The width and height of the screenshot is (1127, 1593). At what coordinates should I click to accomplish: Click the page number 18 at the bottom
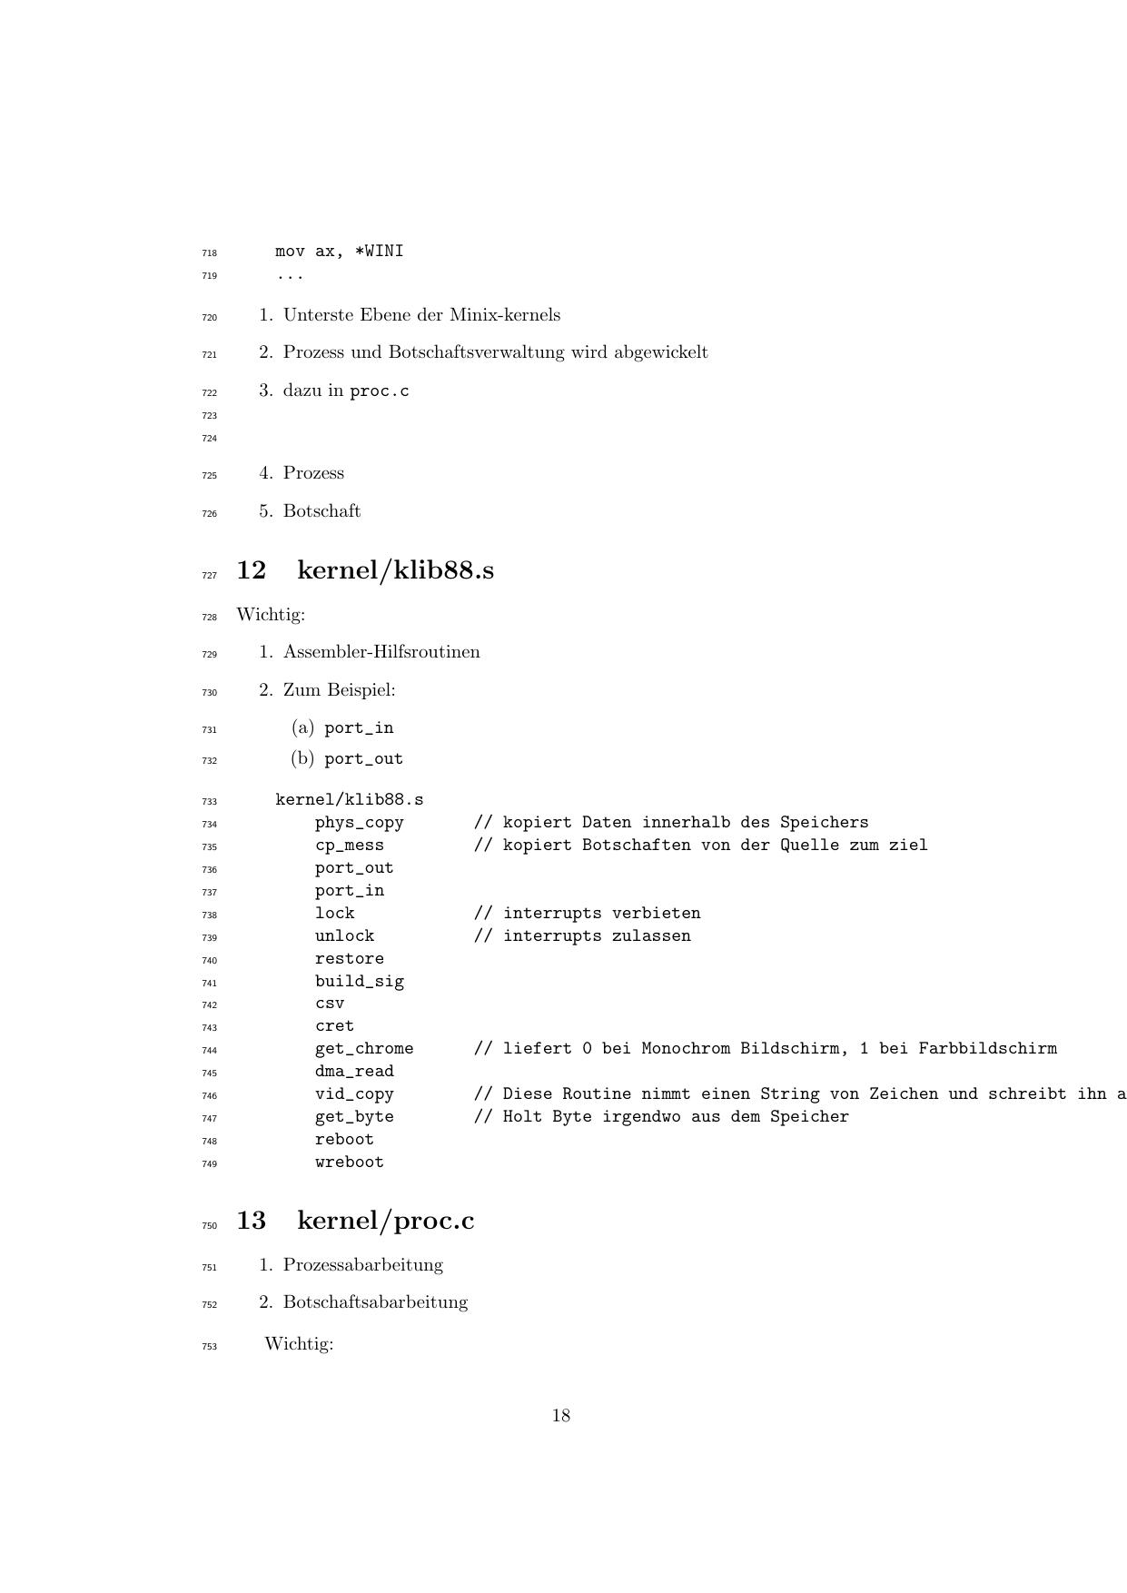pyautogui.click(x=561, y=1415)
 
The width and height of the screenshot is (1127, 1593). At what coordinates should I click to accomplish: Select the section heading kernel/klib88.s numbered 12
pyautogui.click(x=395, y=570)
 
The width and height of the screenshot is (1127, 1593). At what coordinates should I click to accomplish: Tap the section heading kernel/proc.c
pyautogui.click(x=385, y=1220)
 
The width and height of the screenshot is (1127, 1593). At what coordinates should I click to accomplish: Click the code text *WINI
pyautogui.click(x=379, y=251)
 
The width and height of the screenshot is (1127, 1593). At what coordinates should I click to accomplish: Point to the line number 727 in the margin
pyautogui.click(x=210, y=576)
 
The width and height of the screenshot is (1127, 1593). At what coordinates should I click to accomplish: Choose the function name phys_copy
pyautogui.click(x=360, y=822)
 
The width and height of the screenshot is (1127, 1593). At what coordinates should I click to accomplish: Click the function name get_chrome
pyautogui.click(x=364, y=1048)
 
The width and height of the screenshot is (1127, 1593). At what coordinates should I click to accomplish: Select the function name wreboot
pyautogui.click(x=350, y=1162)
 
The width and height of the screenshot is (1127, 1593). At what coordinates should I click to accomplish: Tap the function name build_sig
pyautogui.click(x=360, y=981)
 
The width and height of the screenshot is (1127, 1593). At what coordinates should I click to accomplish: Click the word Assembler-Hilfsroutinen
pyautogui.click(x=381, y=652)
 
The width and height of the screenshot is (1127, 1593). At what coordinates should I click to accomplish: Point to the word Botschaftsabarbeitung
pyautogui.click(x=375, y=1302)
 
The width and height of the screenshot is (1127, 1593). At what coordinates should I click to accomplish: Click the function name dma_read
pyautogui.click(x=354, y=1071)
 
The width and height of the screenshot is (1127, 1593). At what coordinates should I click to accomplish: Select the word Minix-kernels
pyautogui.click(x=505, y=315)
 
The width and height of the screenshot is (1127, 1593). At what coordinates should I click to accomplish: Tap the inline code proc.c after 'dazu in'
pyautogui.click(x=380, y=391)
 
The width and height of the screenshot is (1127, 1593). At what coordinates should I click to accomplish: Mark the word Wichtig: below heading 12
pyautogui.click(x=271, y=615)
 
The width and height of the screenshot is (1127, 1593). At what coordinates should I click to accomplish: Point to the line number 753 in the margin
pyautogui.click(x=210, y=1347)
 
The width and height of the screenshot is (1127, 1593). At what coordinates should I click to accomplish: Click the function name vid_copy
pyautogui.click(x=354, y=1093)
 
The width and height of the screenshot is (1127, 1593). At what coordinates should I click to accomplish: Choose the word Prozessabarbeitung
pyautogui.click(x=363, y=1264)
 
